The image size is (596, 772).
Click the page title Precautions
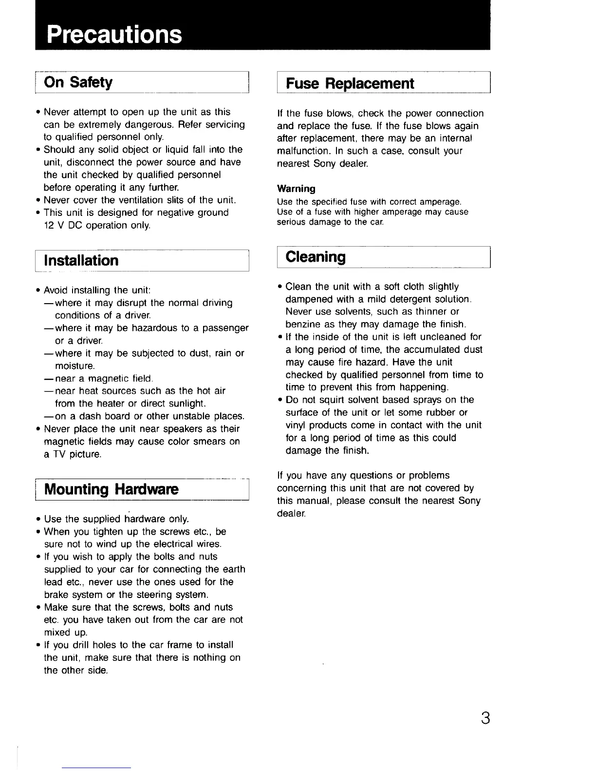click(114, 34)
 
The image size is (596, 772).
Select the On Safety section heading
click(78, 82)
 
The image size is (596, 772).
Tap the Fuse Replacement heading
click(350, 83)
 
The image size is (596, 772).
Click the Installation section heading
click(81, 260)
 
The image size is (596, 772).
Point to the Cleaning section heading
click(316, 257)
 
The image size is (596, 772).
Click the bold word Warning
click(296, 189)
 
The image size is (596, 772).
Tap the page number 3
click(485, 718)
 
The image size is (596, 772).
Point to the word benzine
click(302, 324)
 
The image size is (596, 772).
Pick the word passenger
click(225, 328)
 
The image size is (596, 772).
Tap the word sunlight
click(183, 404)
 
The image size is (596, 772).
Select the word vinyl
click(296, 425)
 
